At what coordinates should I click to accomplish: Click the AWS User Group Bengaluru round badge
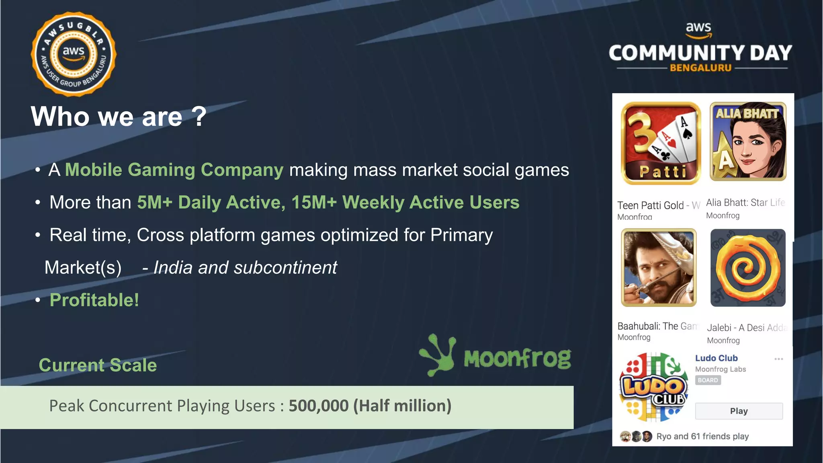click(x=74, y=54)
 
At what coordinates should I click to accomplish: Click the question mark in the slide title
click(x=199, y=117)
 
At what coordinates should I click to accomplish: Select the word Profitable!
click(x=94, y=300)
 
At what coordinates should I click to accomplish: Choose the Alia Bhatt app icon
click(x=748, y=141)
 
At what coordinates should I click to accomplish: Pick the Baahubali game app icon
click(x=659, y=268)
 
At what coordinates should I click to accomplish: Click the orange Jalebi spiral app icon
click(x=747, y=268)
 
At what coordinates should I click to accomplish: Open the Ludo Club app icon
click(x=653, y=387)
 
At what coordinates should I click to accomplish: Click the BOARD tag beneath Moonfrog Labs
click(x=708, y=380)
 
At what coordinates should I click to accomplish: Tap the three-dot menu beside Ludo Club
click(x=778, y=359)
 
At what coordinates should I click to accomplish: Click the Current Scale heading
click(x=98, y=365)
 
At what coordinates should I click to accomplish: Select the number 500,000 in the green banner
click(x=318, y=406)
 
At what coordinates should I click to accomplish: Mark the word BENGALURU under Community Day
click(x=700, y=68)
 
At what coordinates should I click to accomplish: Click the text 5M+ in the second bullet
click(x=155, y=203)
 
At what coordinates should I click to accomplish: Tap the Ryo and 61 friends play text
click(x=702, y=436)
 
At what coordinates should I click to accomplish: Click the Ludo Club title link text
click(x=716, y=358)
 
